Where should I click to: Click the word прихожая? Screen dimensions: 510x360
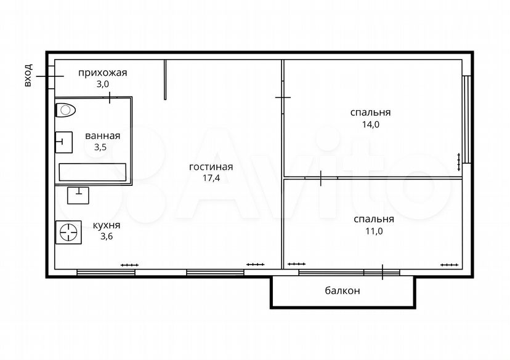[102, 73]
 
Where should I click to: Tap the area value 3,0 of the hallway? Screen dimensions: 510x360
[102, 84]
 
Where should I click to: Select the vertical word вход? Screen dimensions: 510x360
[28, 75]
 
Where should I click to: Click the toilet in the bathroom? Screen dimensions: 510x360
[66, 110]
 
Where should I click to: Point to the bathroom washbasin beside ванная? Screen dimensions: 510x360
[64, 142]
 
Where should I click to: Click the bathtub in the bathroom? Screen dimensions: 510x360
[92, 172]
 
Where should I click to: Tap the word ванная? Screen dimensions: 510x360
[102, 136]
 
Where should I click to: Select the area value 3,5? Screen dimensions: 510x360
[100, 147]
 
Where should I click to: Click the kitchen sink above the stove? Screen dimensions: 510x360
[78, 196]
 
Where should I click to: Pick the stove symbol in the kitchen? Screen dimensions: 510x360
[68, 233]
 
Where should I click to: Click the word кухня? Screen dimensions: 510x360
[107, 225]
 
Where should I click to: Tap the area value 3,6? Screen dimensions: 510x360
[107, 236]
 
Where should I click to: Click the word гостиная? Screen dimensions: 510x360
[211, 167]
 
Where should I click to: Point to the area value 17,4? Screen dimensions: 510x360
[211, 178]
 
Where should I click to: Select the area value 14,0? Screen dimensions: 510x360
[371, 124]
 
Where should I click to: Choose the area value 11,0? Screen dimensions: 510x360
[374, 231]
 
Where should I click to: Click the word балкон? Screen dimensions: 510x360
[342, 290]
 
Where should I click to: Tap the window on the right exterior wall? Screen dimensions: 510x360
[467, 119]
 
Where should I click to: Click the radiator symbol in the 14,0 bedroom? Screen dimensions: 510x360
[459, 162]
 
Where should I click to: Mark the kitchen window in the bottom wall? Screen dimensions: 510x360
[106, 272]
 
